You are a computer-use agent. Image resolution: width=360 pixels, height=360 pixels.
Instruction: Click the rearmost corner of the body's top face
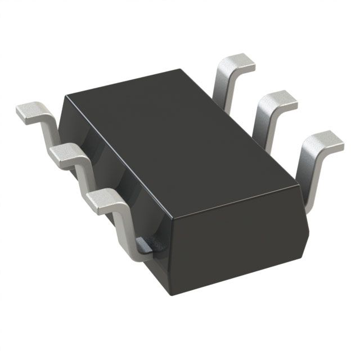[x=181, y=70]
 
